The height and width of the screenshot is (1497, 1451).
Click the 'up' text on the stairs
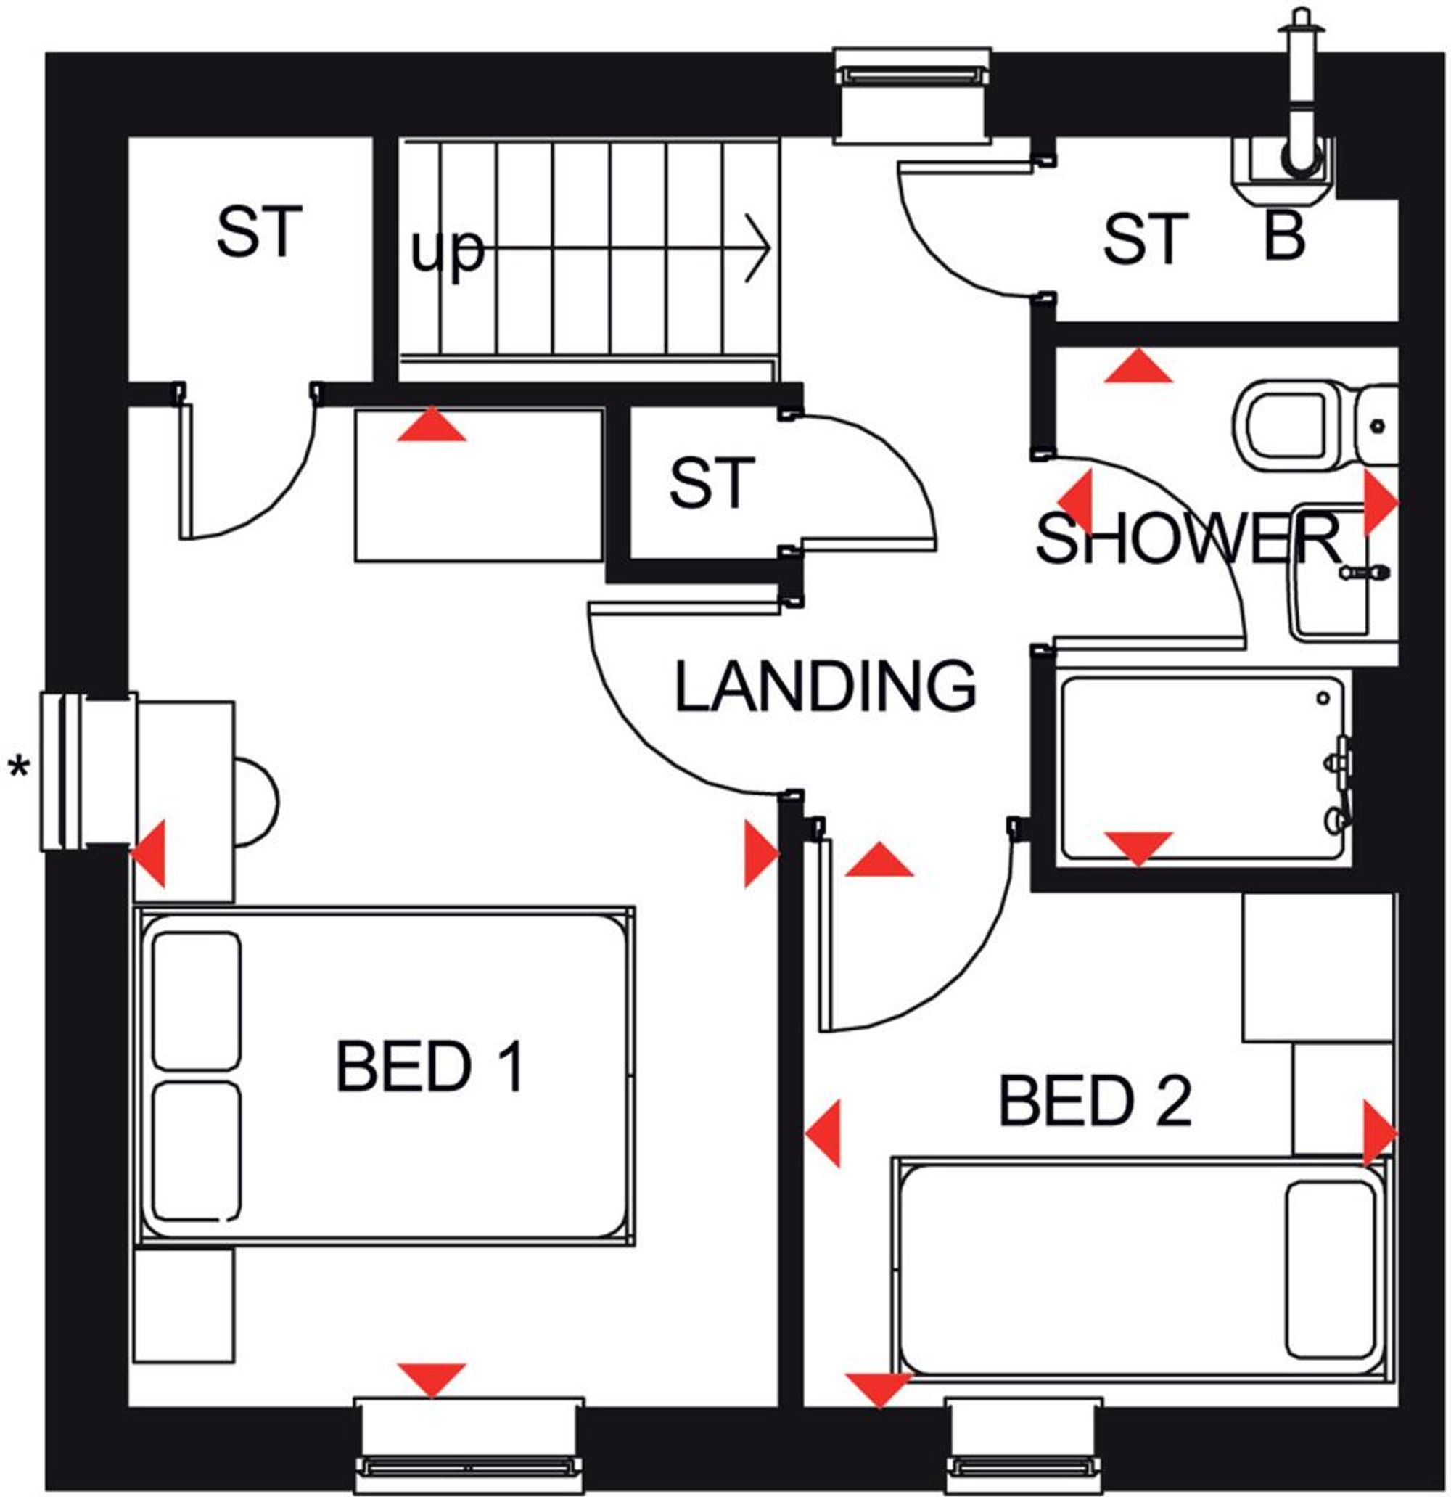448,251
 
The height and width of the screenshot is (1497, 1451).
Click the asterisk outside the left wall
18,766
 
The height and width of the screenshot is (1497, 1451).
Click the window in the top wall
913,96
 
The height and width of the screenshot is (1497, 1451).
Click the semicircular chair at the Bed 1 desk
257,801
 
